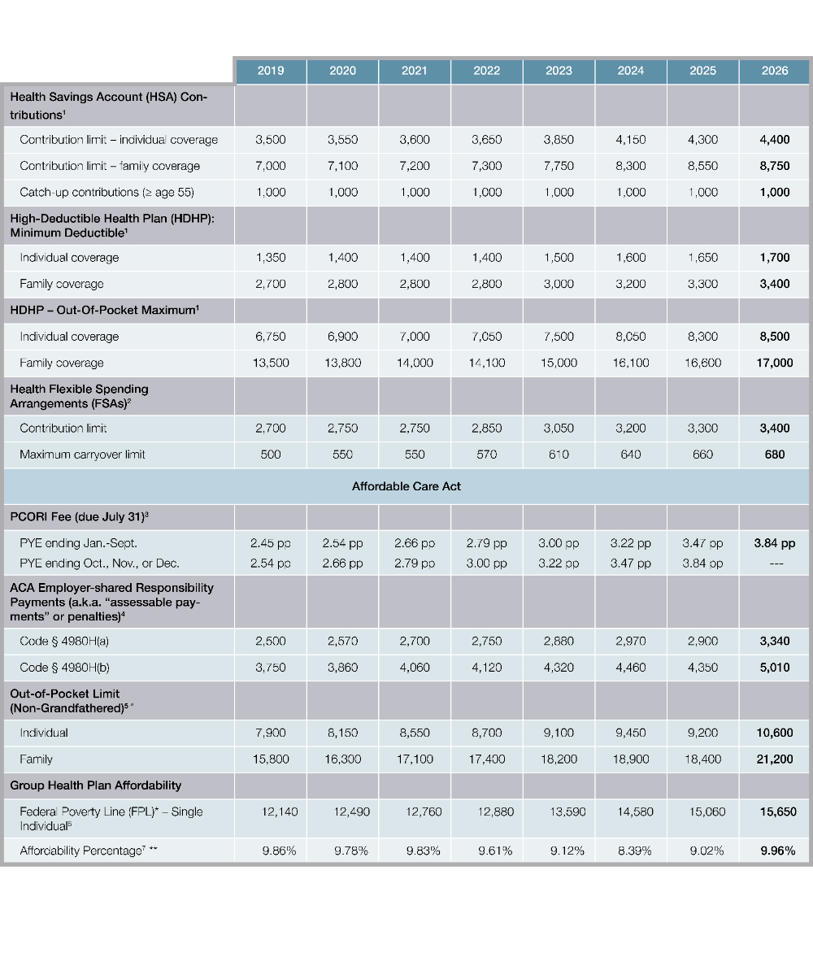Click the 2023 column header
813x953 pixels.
tap(559, 71)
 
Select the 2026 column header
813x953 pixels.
tap(775, 71)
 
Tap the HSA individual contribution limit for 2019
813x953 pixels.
tap(271, 140)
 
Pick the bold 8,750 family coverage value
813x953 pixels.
tap(775, 166)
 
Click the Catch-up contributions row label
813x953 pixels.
tap(107, 192)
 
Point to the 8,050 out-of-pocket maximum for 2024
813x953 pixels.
tap(630, 337)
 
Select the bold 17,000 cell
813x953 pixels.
tap(775, 363)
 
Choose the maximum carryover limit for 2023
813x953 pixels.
tap(559, 454)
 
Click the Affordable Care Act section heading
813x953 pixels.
tap(406, 486)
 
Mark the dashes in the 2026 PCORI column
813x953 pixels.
tap(775, 563)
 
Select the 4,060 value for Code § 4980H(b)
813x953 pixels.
tap(415, 668)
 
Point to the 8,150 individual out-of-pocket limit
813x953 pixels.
tap(342, 733)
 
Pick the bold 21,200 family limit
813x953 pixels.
tap(775, 759)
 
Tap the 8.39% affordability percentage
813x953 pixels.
tap(630, 851)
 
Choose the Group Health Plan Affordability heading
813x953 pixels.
tap(96, 785)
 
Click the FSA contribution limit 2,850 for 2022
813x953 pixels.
tap(486, 428)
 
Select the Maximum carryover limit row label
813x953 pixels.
tap(83, 454)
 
